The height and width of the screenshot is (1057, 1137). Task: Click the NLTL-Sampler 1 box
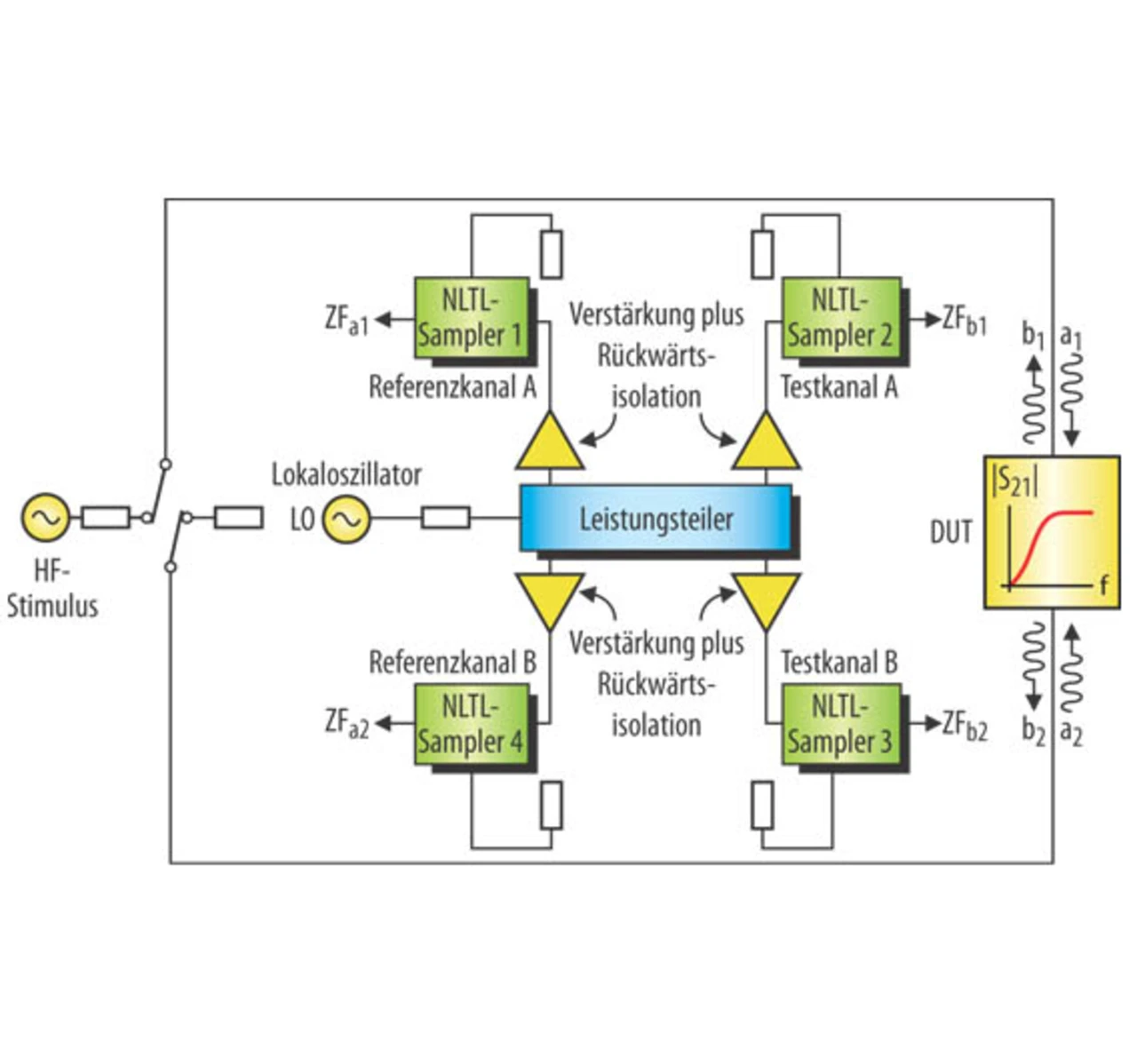(472, 318)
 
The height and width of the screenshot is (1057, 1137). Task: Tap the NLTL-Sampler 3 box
(840, 724)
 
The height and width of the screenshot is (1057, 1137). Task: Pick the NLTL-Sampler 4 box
(472, 724)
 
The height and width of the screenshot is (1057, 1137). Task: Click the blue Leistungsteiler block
(656, 518)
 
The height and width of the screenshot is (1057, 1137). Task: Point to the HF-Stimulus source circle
(45, 518)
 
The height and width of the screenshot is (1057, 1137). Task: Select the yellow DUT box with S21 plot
(1051, 531)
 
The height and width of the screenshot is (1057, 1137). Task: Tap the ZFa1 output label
(346, 320)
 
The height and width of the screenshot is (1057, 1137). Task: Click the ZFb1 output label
(965, 320)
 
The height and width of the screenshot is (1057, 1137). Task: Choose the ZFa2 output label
(346, 723)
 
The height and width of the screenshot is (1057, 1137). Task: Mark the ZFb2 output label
(965, 726)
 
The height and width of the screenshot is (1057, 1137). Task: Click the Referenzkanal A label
(452, 387)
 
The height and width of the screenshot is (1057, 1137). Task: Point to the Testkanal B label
(839, 663)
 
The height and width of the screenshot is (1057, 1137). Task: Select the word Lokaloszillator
(346, 474)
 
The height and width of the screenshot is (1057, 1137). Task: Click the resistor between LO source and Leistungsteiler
(445, 517)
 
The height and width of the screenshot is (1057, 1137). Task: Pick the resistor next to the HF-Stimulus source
(105, 517)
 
